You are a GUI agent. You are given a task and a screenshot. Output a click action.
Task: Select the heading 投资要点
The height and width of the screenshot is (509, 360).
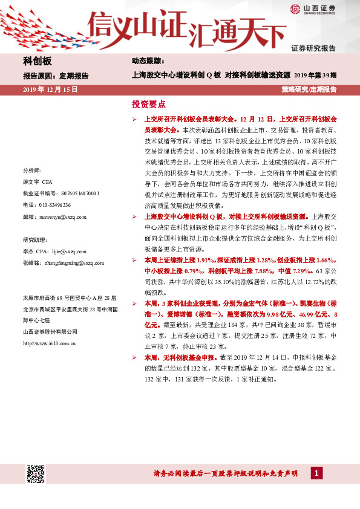click(148, 104)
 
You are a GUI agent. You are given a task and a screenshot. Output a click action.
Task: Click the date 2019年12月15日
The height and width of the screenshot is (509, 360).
click(51, 89)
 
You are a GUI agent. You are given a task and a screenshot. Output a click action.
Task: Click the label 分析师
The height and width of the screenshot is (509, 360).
click(32, 170)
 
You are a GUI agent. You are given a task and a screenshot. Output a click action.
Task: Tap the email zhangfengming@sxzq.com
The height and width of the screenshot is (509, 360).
click(70, 262)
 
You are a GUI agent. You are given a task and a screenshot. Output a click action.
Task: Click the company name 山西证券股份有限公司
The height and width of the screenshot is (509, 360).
click(50, 331)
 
